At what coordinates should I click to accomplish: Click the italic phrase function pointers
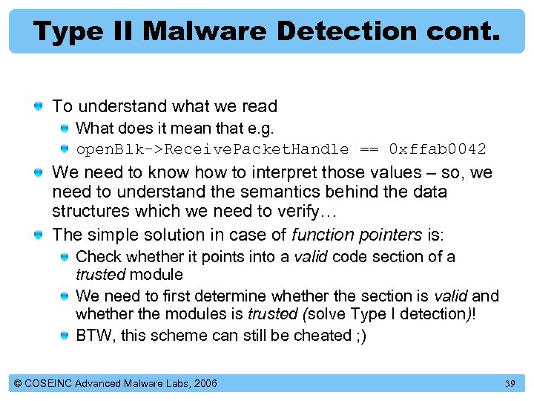[356, 235]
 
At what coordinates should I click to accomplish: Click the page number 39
[510, 383]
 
